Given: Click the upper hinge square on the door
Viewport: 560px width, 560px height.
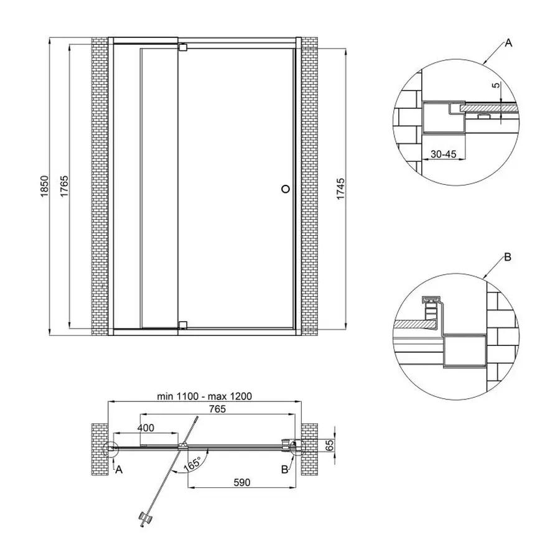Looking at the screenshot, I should [x=182, y=47].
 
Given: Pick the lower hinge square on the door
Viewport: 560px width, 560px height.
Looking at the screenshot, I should [x=182, y=324].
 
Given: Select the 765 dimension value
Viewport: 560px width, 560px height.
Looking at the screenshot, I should [x=217, y=409].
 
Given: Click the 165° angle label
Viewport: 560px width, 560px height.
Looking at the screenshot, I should [x=192, y=464].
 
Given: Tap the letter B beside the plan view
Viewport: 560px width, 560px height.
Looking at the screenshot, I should [x=284, y=470].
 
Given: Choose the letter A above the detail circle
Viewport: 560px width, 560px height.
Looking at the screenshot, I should [x=508, y=43].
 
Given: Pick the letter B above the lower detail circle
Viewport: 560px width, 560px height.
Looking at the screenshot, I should [x=507, y=257].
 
